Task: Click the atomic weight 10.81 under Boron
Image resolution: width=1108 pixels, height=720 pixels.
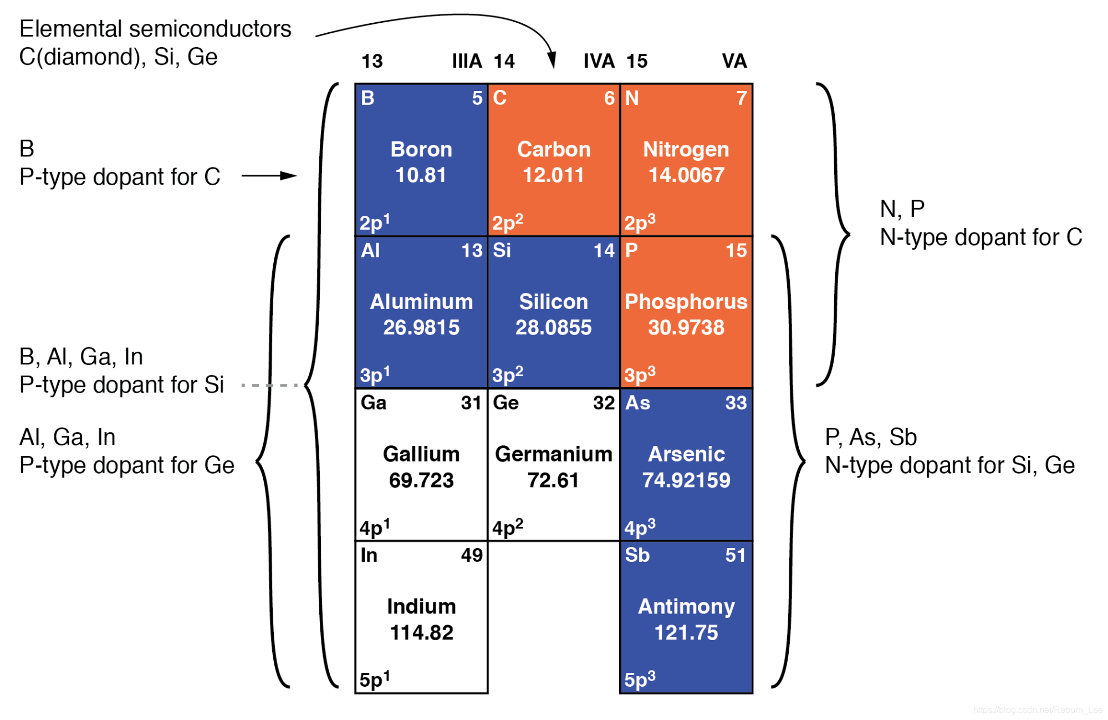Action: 421,175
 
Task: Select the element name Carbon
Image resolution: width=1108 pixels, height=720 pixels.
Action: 554,149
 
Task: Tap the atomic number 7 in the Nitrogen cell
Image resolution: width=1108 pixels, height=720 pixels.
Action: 741,98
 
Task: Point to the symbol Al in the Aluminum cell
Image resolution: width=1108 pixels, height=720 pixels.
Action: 370,251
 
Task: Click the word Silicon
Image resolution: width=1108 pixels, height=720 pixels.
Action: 553,302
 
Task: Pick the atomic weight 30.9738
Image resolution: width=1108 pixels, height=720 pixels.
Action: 686,327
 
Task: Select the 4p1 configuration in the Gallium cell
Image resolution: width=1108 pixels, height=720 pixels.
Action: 375,526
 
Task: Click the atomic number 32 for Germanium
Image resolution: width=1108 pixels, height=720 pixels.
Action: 604,403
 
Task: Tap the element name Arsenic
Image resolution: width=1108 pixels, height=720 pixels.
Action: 686,454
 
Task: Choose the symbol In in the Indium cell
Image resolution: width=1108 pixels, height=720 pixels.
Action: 369,555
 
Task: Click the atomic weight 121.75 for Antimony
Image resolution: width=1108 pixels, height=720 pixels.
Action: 686,632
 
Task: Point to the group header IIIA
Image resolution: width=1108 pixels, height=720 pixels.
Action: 467,61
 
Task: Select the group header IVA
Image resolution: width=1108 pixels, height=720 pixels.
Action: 599,61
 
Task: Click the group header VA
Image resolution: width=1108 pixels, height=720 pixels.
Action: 734,61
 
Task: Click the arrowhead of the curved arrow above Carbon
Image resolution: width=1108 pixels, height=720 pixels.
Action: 552,59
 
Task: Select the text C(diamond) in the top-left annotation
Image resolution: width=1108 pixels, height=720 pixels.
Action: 79,57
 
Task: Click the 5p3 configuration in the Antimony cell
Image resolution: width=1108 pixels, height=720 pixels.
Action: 640,678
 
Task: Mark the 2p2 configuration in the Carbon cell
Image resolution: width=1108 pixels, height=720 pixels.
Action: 507,222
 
